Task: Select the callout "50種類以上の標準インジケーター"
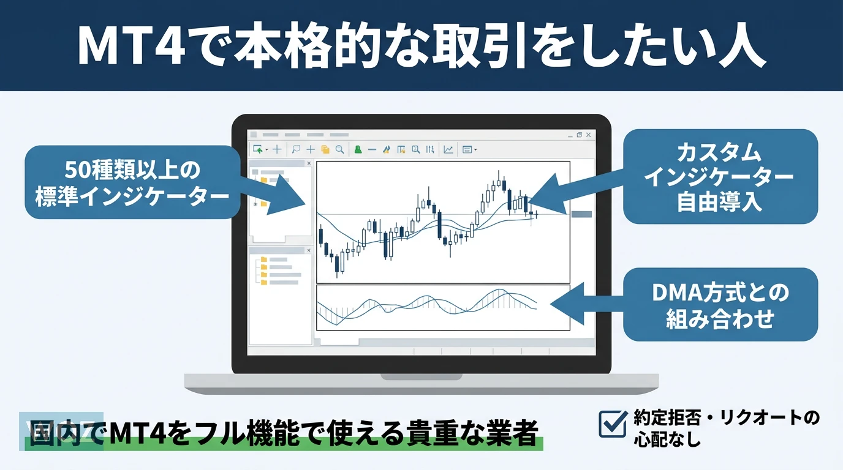point(132,182)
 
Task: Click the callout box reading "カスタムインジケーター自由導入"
point(720,177)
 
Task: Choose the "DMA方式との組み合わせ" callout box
point(720,305)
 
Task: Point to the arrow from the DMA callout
point(587,304)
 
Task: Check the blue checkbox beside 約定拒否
point(613,423)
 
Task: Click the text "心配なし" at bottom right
point(667,439)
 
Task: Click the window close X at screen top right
point(589,135)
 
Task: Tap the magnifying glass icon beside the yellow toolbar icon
point(340,150)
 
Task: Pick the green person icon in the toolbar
point(358,150)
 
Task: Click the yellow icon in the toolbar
point(325,150)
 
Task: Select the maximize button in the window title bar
point(579,135)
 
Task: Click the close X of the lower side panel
point(309,250)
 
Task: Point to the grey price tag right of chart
point(581,214)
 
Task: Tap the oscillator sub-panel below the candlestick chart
point(443,308)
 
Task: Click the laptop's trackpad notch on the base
point(421,376)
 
